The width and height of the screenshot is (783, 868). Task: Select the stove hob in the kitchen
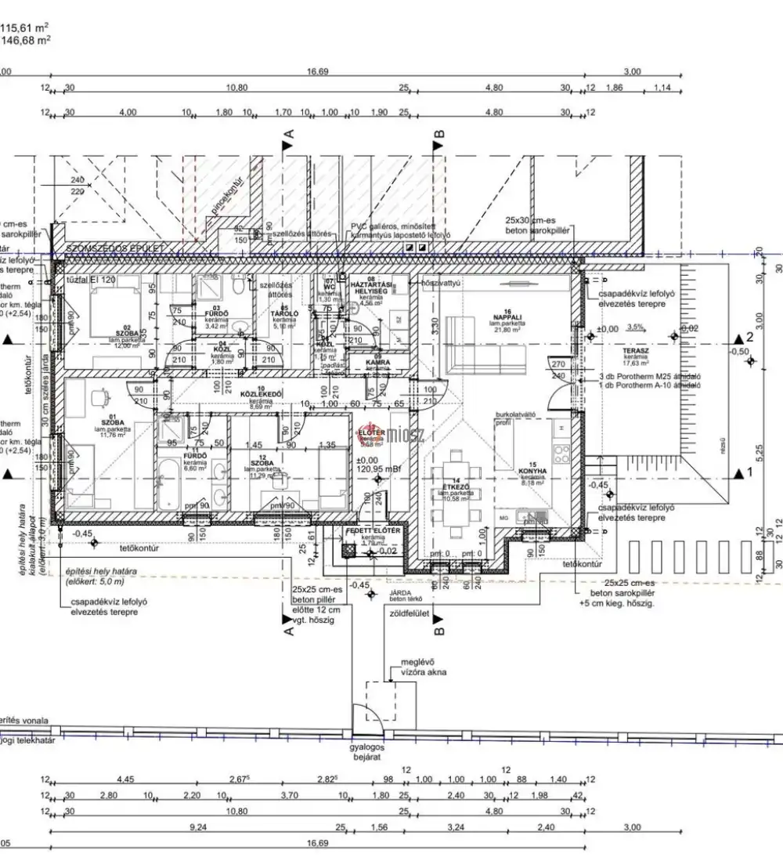click(562, 452)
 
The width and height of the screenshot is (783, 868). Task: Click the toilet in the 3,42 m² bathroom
click(238, 289)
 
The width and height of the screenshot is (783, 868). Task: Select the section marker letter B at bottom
click(438, 627)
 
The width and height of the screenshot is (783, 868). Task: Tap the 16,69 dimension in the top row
click(316, 71)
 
